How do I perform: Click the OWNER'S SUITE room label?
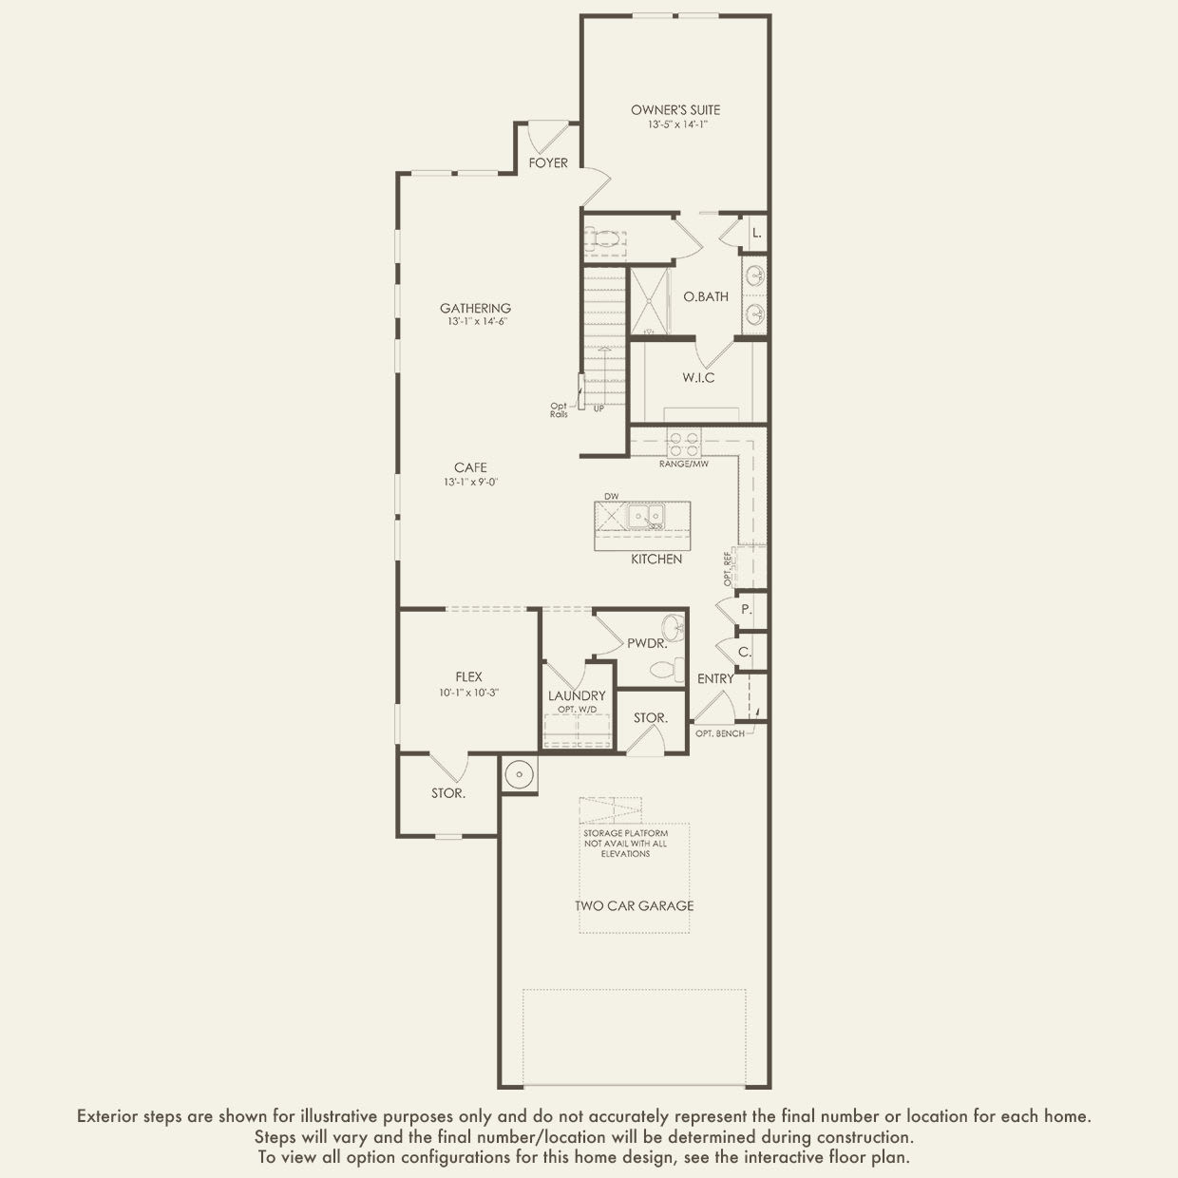(675, 110)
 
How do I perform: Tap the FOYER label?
(548, 163)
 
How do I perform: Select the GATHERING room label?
(475, 308)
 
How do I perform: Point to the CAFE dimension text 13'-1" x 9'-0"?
(470, 482)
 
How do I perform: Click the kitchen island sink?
(646, 517)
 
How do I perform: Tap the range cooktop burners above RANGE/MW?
(684, 444)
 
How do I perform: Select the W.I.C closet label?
(698, 378)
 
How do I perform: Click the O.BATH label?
(706, 296)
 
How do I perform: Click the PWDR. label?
(646, 643)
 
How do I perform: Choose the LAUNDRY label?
(577, 695)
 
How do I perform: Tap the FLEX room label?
(468, 677)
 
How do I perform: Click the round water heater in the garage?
(520, 774)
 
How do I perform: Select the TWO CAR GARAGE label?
(634, 905)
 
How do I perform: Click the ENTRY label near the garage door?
(715, 678)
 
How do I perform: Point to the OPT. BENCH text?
(719, 733)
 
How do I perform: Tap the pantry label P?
(746, 609)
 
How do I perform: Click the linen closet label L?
(756, 233)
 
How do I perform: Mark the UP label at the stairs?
(598, 408)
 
